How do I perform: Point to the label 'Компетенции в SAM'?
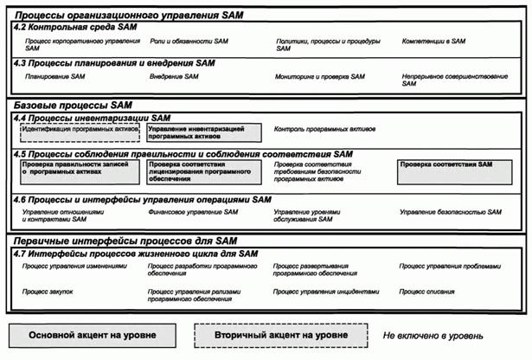coord(433,41)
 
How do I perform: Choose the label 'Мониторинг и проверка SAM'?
coord(320,76)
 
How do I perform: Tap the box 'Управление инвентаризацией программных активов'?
coord(202,132)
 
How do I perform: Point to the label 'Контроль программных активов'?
coord(324,129)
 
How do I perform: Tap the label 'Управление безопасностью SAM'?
coord(450,211)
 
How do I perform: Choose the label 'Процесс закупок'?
coord(48,292)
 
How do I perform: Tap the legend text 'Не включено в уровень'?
coord(433,334)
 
